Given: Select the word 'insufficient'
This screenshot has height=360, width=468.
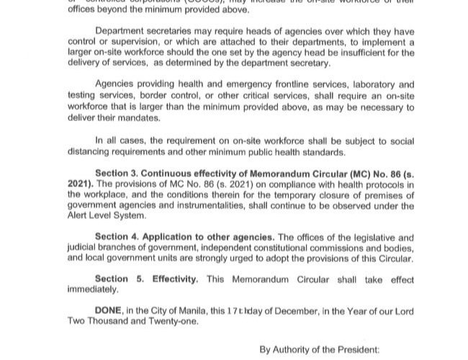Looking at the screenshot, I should [x=373, y=53].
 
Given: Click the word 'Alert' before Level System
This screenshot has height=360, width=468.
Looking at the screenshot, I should [x=80, y=215].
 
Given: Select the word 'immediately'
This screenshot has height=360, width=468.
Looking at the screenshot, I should [x=92, y=289].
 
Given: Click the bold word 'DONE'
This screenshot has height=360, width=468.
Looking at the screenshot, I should [x=109, y=310].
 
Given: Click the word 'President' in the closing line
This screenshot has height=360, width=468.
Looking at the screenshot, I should [x=352, y=350].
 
